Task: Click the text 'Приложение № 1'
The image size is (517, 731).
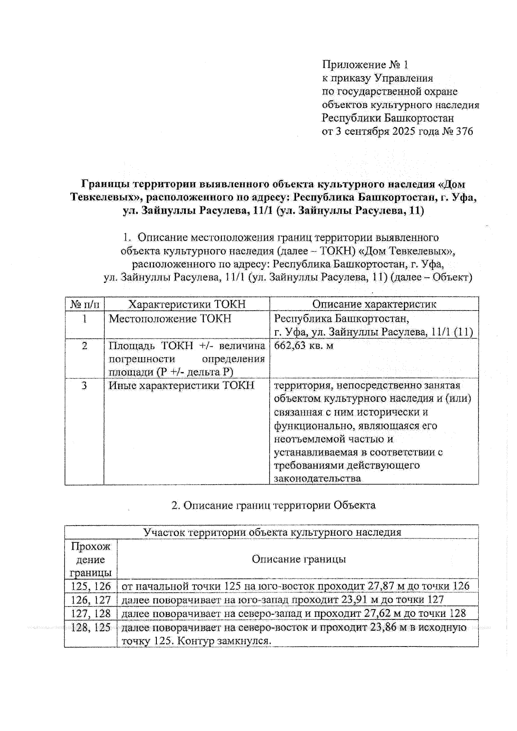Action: [x=364, y=65]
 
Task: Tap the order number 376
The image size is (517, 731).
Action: [x=464, y=131]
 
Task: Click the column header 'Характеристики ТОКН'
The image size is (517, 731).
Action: [x=187, y=304]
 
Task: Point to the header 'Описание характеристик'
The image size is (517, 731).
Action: [x=374, y=304]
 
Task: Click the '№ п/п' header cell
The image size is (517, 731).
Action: [x=84, y=304]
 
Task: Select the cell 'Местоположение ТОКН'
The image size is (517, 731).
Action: [x=170, y=319]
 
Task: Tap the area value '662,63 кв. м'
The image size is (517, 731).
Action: [x=304, y=345]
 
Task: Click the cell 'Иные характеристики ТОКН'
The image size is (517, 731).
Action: [x=181, y=386]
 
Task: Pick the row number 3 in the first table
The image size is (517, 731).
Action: [x=84, y=386]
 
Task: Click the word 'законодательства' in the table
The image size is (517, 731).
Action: [x=318, y=479]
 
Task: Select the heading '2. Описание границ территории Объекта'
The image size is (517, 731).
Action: [x=274, y=505]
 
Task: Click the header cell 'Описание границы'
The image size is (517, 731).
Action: [x=299, y=559]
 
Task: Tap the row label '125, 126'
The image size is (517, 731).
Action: [x=91, y=586]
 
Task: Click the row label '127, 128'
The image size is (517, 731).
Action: [x=91, y=613]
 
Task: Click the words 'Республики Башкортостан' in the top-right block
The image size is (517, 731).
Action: [x=388, y=118]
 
